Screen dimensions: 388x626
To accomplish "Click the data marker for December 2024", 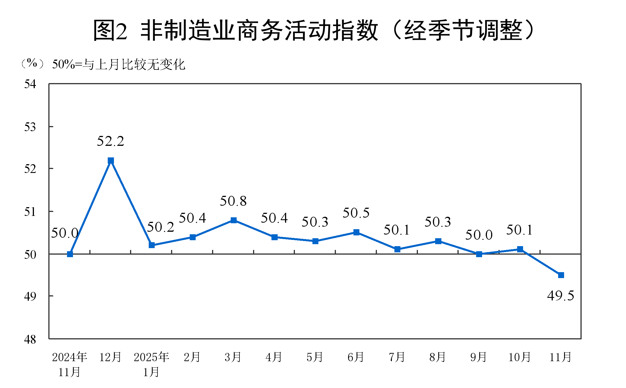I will point(111,161).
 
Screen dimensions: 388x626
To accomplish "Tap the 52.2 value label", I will point(111,141).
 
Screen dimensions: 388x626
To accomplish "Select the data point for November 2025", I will point(561,275).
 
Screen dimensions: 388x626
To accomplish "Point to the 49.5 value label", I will point(561,296).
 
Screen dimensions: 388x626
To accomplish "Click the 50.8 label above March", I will point(233,201).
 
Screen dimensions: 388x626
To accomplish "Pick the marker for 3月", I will point(234,220).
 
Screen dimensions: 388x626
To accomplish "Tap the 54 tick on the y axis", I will point(30,84).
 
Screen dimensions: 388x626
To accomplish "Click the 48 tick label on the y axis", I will point(30,339).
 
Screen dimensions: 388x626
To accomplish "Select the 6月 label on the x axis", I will point(356,357).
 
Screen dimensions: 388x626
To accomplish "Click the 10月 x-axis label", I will point(519,357).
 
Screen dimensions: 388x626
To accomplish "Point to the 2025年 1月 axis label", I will point(152,365).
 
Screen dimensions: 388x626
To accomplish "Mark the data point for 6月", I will point(356,232).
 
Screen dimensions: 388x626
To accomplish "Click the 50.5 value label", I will point(356,213).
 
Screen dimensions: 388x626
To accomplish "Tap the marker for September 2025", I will point(479,254).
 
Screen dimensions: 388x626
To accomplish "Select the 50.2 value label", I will point(160,227).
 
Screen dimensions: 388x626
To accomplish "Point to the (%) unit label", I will point(32,63).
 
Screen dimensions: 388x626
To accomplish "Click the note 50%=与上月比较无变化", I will point(119,64).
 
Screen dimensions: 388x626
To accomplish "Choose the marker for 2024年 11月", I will point(70,254).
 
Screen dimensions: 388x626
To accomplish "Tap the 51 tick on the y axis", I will point(30,212).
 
